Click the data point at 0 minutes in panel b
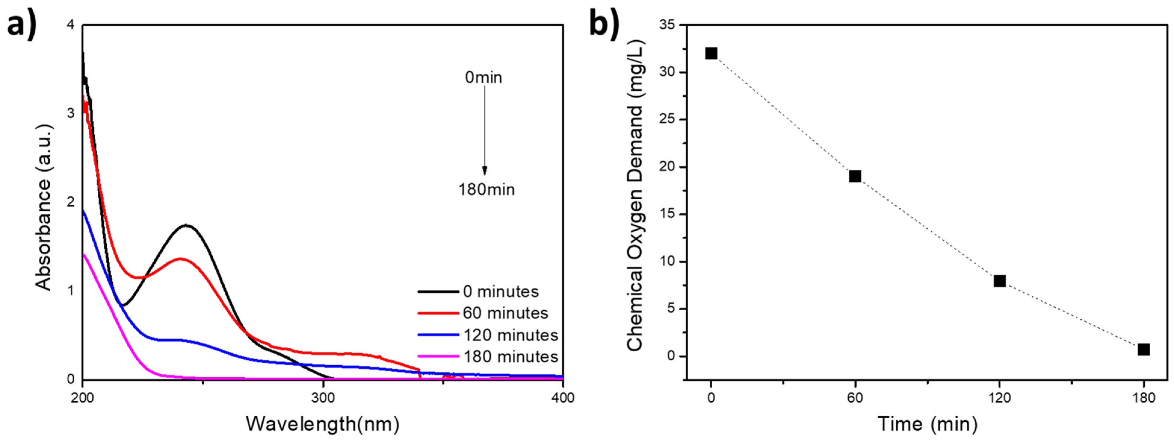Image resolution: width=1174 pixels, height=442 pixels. [x=711, y=53]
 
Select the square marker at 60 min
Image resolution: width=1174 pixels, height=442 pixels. [x=855, y=176]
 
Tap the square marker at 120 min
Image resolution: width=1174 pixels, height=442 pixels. [x=1000, y=281]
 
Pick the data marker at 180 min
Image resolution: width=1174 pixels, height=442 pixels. [x=1143, y=349]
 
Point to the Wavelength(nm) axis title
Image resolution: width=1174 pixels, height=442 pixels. [x=323, y=424]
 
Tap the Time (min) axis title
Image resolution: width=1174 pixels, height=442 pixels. [x=927, y=424]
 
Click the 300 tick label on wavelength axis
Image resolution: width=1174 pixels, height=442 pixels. [x=323, y=398]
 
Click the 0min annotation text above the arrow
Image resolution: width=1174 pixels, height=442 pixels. [x=484, y=78]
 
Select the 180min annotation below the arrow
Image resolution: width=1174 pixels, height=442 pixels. [x=486, y=189]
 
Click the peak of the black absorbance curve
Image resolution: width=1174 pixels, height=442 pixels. [x=186, y=225]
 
